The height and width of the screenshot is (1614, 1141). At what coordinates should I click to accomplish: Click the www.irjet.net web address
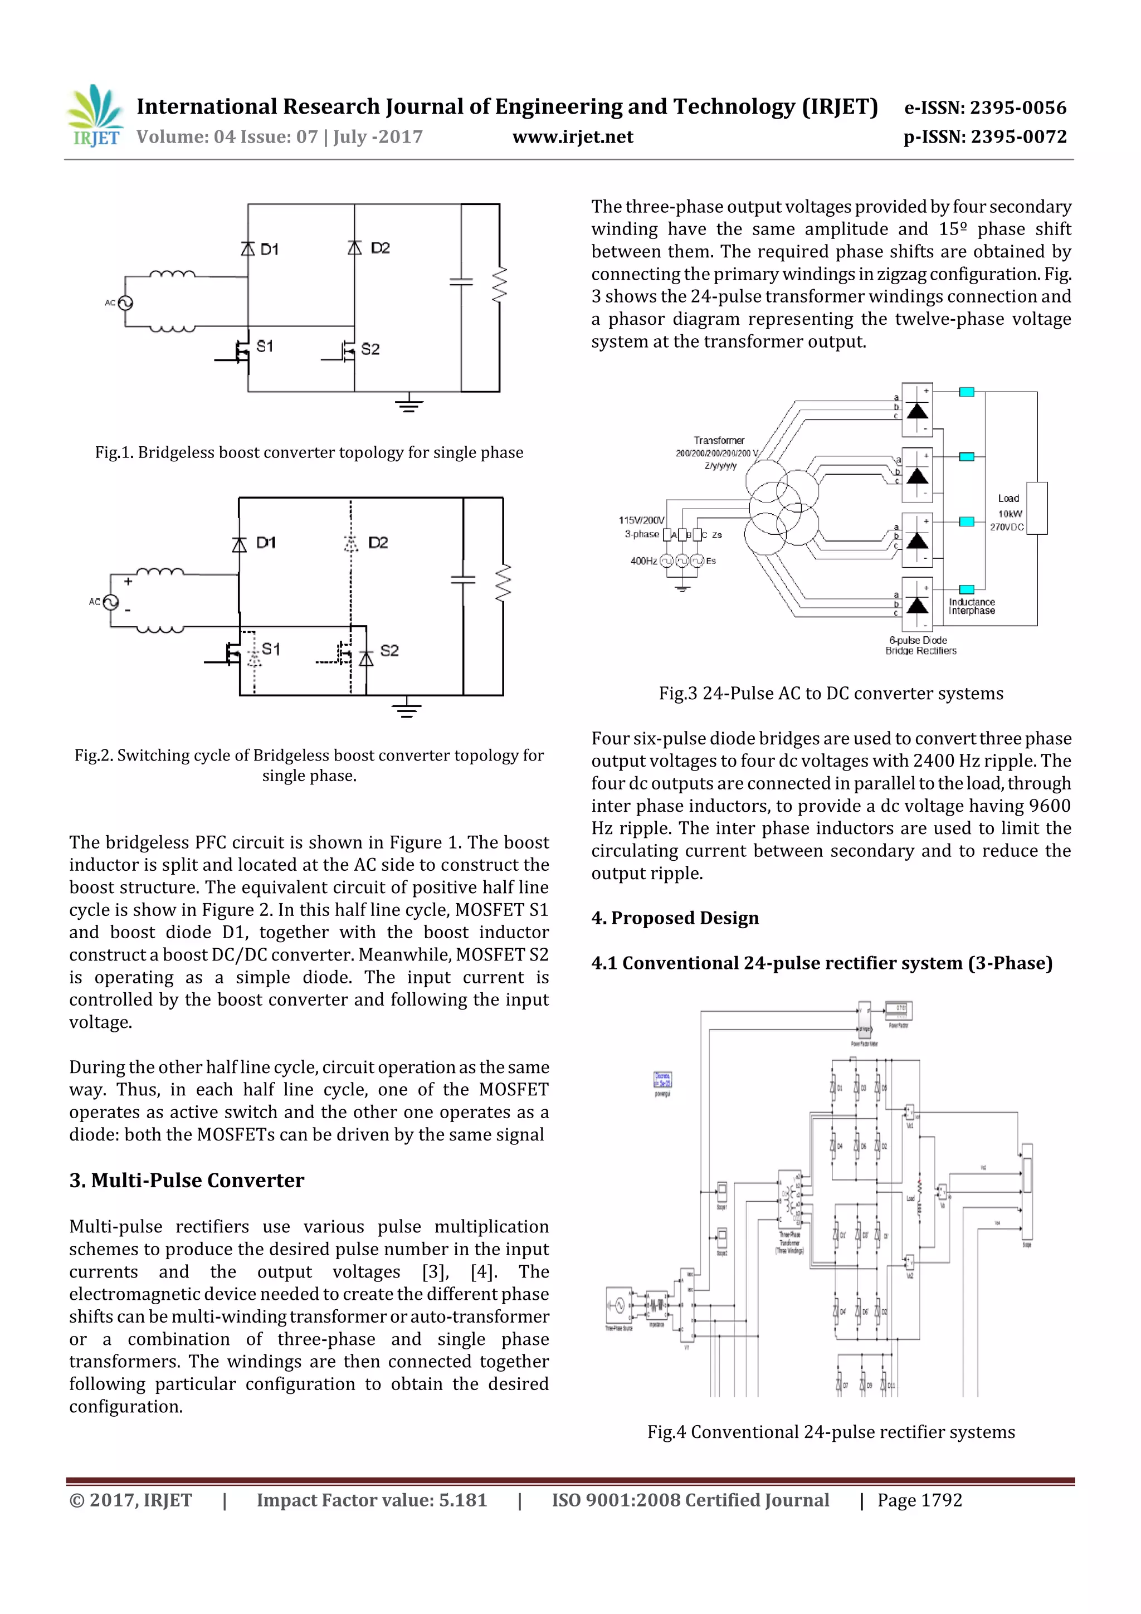coord(572,137)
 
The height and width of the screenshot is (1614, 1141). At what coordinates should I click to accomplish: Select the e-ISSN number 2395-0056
coord(984,108)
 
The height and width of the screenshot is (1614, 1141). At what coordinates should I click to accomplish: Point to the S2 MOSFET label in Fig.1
coord(370,349)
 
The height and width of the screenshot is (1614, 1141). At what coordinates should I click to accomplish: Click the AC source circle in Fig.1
coord(125,303)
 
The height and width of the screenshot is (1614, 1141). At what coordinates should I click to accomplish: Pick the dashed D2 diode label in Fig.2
coord(378,543)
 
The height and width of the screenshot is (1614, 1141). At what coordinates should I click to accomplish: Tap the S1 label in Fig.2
coord(271,649)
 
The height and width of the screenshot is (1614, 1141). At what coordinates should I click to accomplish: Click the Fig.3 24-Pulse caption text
coord(830,694)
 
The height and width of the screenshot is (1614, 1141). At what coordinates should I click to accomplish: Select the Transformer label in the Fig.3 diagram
coord(719,440)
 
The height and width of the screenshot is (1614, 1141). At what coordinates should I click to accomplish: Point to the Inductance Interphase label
coord(972,607)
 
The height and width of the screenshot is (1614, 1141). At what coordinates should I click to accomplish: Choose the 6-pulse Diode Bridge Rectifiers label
coord(920,645)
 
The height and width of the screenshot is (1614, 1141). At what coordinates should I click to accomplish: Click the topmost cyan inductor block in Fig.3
coord(967,392)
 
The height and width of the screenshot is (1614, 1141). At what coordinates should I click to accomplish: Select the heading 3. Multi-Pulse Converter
coord(186,1180)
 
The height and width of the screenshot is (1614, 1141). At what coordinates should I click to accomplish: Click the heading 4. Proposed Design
coord(675,918)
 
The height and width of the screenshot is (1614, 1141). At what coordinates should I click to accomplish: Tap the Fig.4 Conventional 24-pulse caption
coord(830,1432)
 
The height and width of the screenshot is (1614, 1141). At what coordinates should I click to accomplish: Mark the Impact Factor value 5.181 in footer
coord(371,1500)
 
